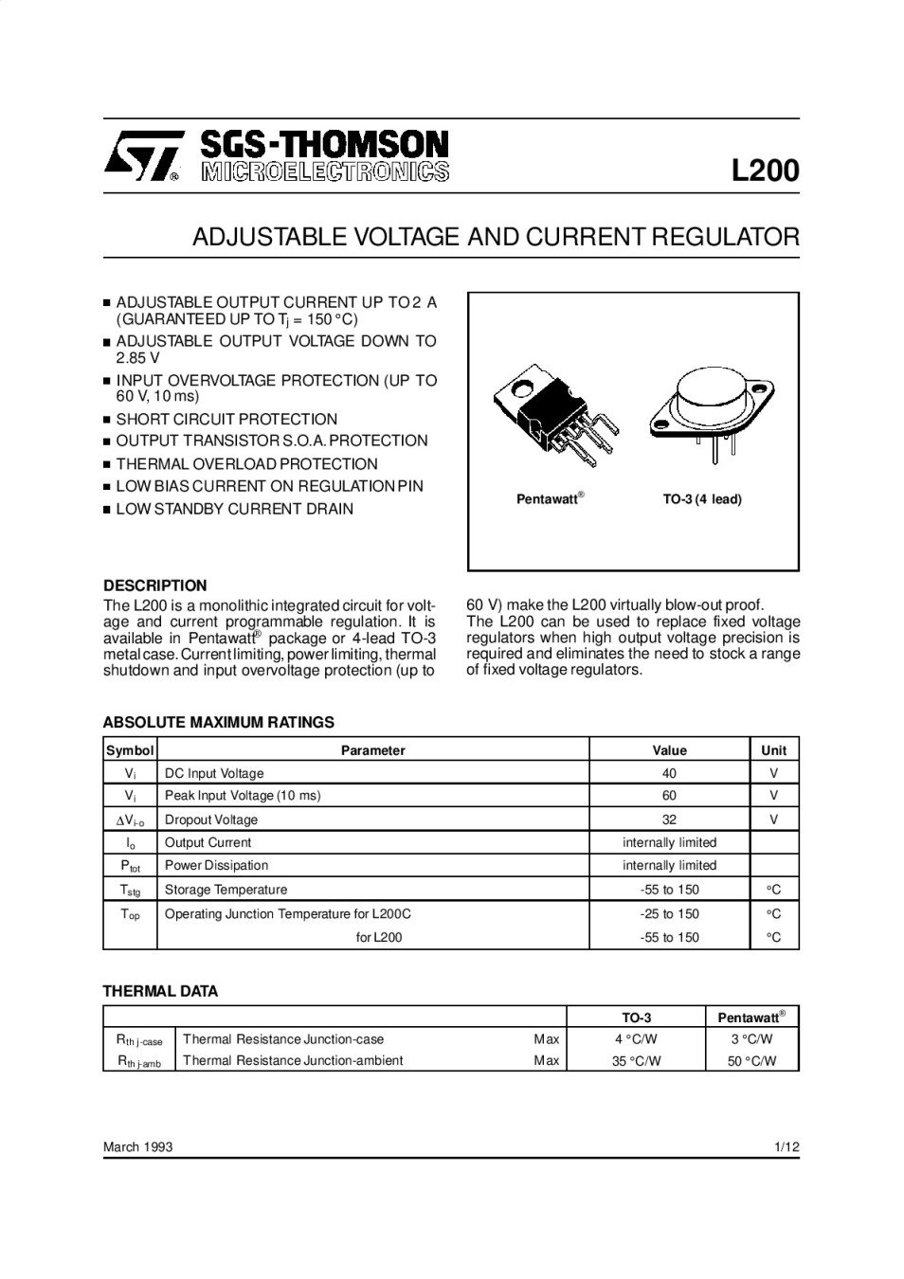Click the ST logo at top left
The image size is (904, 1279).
click(140, 154)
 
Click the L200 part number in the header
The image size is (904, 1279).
click(765, 171)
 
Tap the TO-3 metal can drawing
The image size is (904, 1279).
click(711, 409)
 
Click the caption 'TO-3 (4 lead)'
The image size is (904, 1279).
click(701, 499)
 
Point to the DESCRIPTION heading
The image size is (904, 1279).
click(154, 585)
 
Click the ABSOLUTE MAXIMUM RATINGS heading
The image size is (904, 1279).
click(218, 722)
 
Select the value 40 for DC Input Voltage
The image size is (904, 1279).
click(669, 773)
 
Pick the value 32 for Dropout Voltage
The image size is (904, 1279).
click(669, 820)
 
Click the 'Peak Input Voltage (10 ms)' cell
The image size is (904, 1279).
click(243, 796)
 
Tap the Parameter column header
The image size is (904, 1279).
click(372, 750)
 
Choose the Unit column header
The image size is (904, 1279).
click(773, 750)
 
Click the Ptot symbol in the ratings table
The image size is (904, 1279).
click(130, 866)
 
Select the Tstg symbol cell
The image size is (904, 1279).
click(130, 890)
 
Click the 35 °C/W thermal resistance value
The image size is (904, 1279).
click(636, 1061)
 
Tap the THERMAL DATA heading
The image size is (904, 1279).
click(160, 991)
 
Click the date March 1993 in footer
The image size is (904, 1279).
click(137, 1147)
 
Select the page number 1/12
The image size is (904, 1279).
click(786, 1147)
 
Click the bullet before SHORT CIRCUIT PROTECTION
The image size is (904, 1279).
click(107, 420)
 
